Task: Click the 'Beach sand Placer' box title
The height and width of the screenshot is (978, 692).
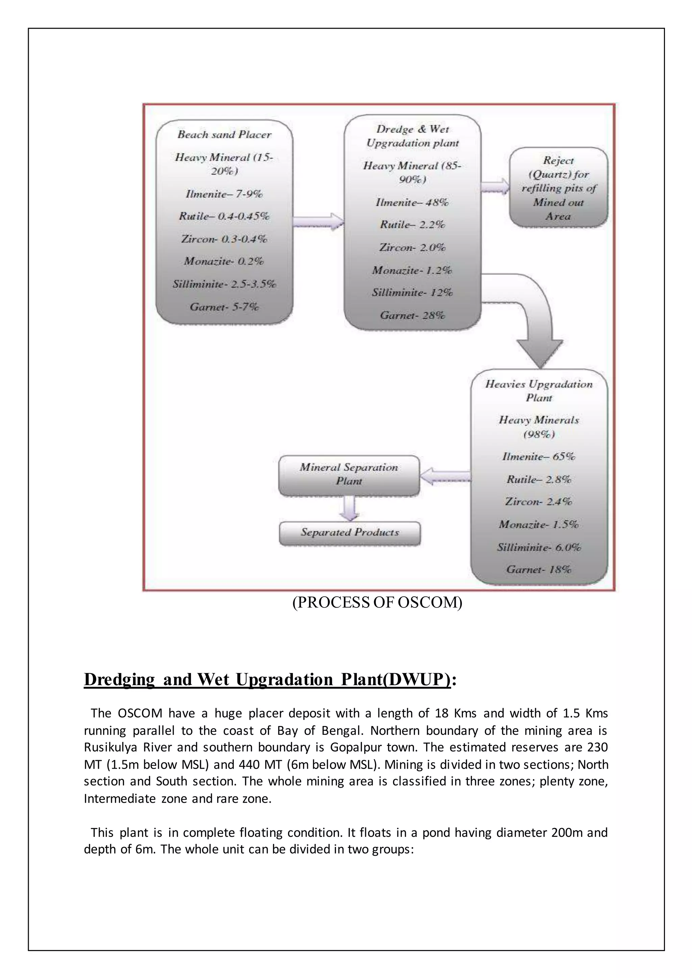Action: (x=224, y=135)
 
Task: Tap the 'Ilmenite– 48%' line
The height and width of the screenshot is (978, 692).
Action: (x=412, y=202)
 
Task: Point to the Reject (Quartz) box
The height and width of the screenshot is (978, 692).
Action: (x=558, y=188)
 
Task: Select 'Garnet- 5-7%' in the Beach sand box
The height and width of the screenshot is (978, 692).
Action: (x=224, y=307)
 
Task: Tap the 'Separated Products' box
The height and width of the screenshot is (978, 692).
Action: (x=350, y=533)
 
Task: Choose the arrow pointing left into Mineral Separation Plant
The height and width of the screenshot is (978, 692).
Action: (x=445, y=476)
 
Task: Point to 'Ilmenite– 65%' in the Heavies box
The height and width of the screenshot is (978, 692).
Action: (x=539, y=457)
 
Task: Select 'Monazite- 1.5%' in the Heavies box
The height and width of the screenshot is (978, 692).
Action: (x=539, y=524)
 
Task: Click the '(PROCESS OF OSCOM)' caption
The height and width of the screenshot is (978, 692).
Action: (x=377, y=602)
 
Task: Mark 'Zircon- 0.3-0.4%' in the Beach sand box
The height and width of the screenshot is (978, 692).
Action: (x=224, y=239)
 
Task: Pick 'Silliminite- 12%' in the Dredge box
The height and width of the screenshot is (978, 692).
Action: (x=412, y=293)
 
